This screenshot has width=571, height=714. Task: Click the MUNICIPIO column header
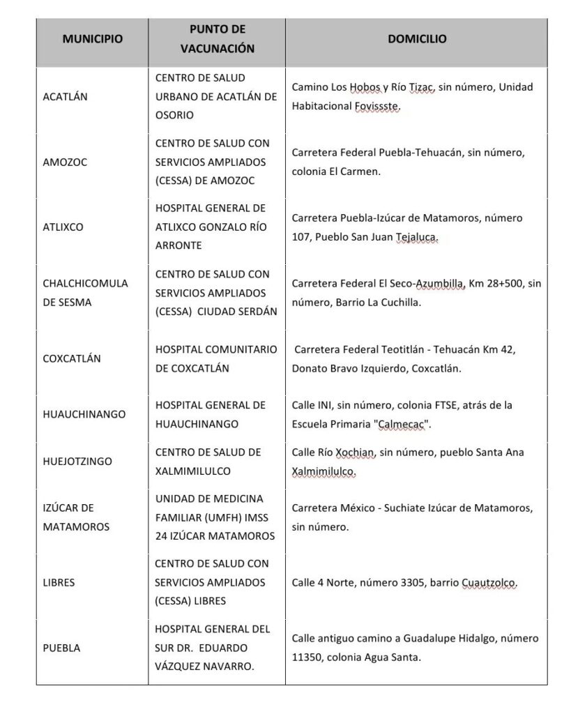pyautogui.click(x=93, y=40)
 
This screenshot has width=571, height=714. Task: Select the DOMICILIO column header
pyautogui.click(x=417, y=40)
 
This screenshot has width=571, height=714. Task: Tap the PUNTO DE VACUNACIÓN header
pyautogui.click(x=217, y=40)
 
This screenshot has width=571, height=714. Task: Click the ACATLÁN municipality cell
pyautogui.click(x=65, y=97)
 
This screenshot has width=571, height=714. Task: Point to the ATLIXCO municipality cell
pyautogui.click(x=63, y=227)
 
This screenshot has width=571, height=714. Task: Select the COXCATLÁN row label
pyautogui.click(x=72, y=358)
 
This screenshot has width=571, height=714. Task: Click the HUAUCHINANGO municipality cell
pyautogui.click(x=84, y=414)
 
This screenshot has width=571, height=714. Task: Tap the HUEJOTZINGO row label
pyautogui.click(x=77, y=461)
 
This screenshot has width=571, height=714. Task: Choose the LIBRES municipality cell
pyautogui.click(x=59, y=582)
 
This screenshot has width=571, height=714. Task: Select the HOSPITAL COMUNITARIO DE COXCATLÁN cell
pyautogui.click(x=215, y=358)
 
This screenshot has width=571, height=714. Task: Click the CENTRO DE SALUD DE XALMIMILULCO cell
pyautogui.click(x=208, y=462)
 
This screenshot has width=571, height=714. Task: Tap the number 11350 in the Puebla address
pyautogui.click(x=308, y=657)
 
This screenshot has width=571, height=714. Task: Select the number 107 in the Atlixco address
pyautogui.click(x=301, y=237)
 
